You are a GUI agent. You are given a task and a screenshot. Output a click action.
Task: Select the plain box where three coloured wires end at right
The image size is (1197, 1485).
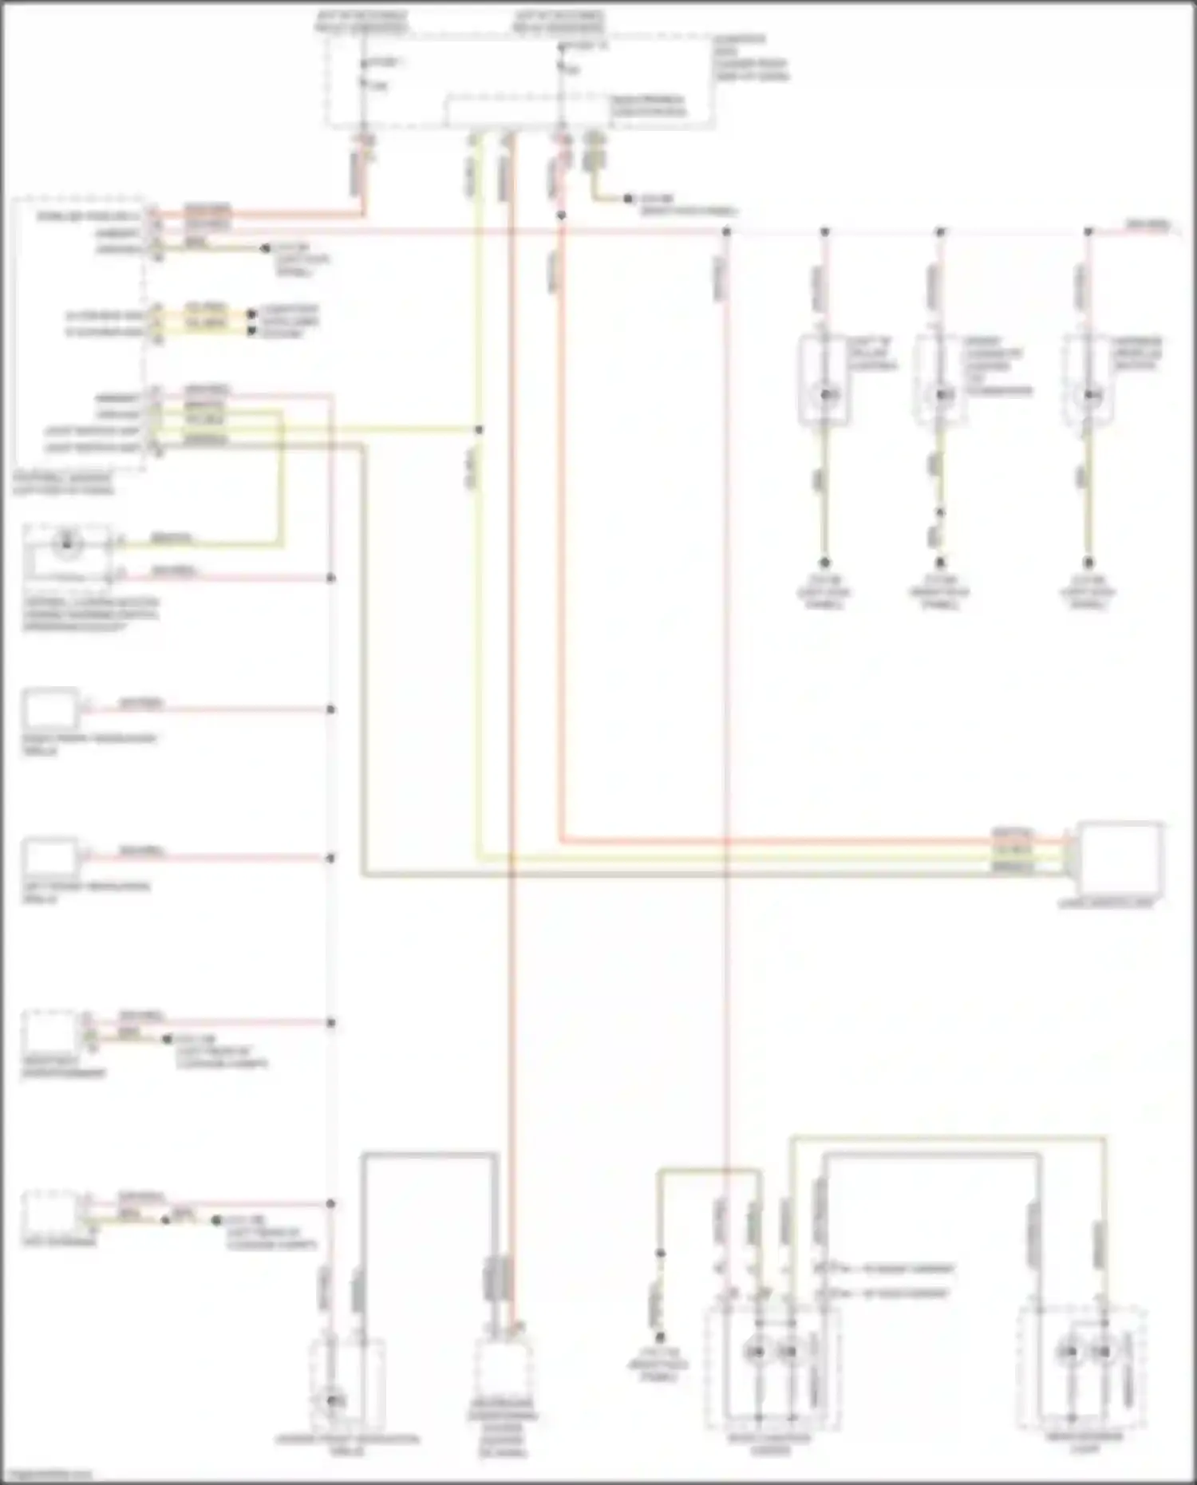tap(1120, 859)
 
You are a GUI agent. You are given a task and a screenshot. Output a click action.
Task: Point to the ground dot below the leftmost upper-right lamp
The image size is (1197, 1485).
tap(825, 563)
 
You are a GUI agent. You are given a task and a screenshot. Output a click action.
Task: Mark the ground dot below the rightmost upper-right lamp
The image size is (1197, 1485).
tap(1088, 563)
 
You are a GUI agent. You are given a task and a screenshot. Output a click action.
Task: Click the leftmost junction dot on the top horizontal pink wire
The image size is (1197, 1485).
tap(726, 232)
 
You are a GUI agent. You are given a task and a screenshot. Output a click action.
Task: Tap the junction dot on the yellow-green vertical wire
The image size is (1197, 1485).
tap(479, 430)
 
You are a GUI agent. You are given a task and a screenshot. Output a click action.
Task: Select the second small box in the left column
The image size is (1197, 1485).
tap(50, 709)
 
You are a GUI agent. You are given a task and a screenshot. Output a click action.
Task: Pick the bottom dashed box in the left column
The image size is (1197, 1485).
tap(50, 1213)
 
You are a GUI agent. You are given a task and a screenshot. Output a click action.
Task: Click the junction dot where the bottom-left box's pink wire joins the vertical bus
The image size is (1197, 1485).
tap(330, 1203)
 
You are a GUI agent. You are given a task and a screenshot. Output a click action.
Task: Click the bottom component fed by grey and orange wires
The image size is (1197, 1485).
tap(501, 1374)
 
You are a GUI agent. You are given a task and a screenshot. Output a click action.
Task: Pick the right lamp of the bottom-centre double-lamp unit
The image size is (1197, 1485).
tap(788, 1351)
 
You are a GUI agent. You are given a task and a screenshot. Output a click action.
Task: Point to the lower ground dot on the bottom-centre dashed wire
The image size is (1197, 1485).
tap(660, 1337)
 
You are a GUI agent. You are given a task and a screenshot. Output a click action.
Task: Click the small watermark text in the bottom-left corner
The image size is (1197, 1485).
tap(46, 1475)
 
